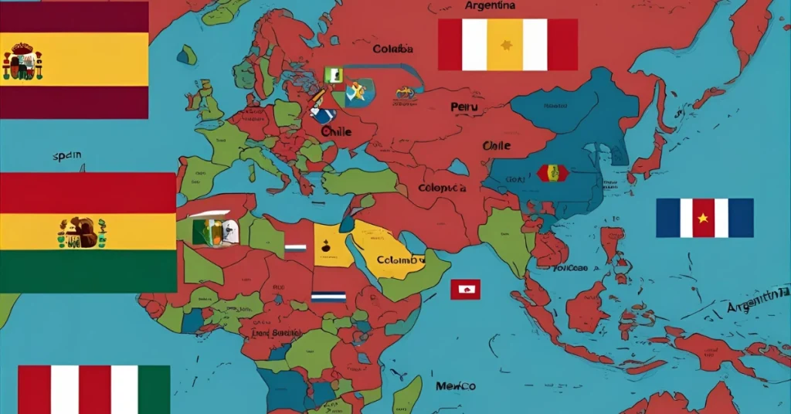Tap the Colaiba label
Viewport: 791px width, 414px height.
[x=392, y=49]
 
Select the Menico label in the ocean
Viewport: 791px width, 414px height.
[x=455, y=385]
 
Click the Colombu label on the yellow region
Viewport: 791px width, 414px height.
[x=401, y=260]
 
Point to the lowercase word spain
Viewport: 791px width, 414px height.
[x=67, y=156]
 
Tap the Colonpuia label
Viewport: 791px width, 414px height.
[x=442, y=188]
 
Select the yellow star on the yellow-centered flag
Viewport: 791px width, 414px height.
[x=507, y=45]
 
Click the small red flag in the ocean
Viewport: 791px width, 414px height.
[x=465, y=290]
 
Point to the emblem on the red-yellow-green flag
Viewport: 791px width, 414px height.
[x=82, y=231]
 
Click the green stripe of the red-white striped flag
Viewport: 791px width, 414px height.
[x=154, y=389]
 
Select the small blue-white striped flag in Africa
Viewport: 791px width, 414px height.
[x=328, y=297]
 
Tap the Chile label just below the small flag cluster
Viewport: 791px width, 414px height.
[x=336, y=131]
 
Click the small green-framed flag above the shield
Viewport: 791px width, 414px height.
[x=333, y=75]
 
